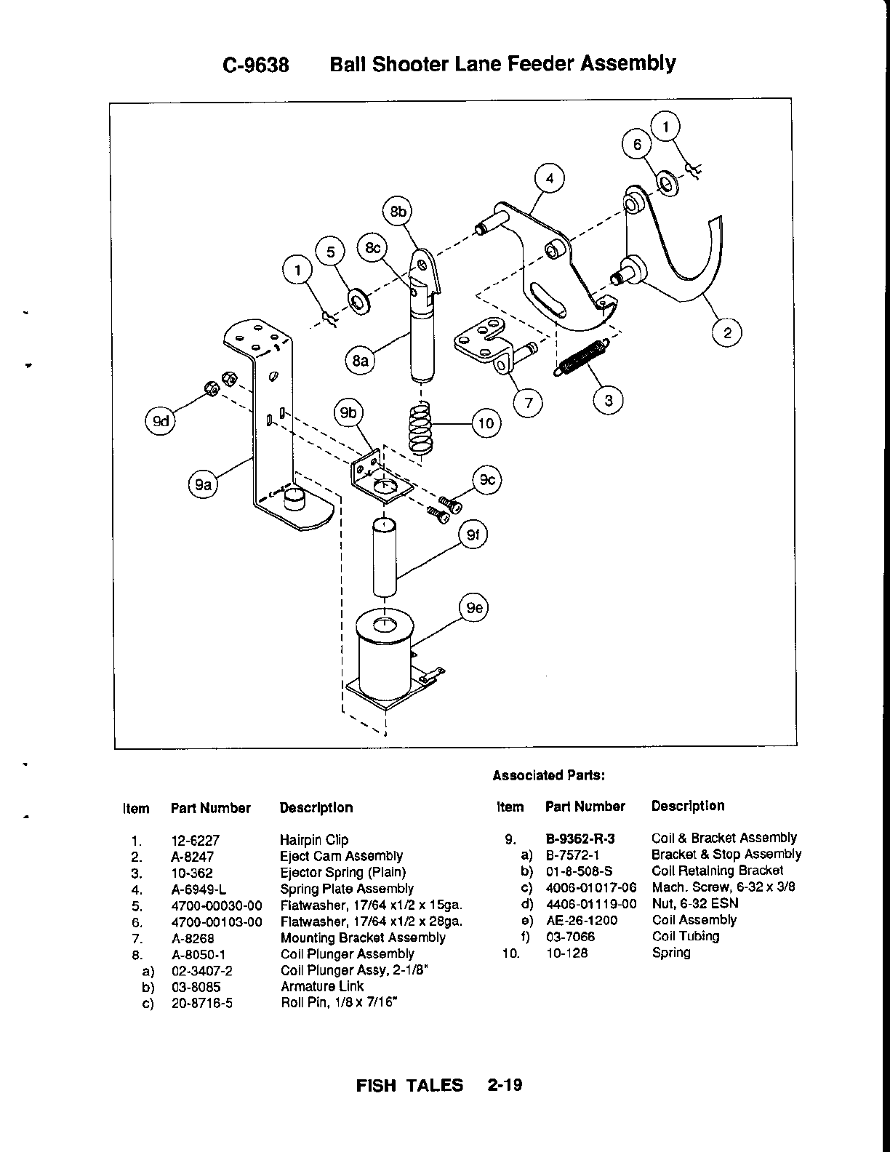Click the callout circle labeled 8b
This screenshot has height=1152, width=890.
(x=398, y=212)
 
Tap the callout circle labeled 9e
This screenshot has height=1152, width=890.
(x=475, y=608)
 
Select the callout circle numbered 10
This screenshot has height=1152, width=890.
(x=486, y=423)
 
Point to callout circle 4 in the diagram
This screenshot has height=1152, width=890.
(x=550, y=179)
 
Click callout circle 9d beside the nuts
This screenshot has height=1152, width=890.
(x=161, y=422)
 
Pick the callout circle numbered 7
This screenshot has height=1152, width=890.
(x=529, y=401)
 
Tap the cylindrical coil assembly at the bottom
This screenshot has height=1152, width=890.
(x=384, y=651)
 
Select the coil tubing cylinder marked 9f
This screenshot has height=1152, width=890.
(x=385, y=557)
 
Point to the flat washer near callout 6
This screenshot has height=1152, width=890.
(x=666, y=182)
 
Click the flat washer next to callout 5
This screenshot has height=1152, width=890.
(x=358, y=300)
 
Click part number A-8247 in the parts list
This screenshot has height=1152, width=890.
(x=193, y=857)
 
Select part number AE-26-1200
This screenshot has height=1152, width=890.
(x=582, y=920)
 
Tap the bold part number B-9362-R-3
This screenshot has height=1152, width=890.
(x=580, y=839)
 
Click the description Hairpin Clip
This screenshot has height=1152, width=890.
(x=314, y=840)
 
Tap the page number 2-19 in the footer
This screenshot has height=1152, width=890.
(x=505, y=1086)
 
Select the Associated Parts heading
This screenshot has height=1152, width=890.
(x=549, y=775)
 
